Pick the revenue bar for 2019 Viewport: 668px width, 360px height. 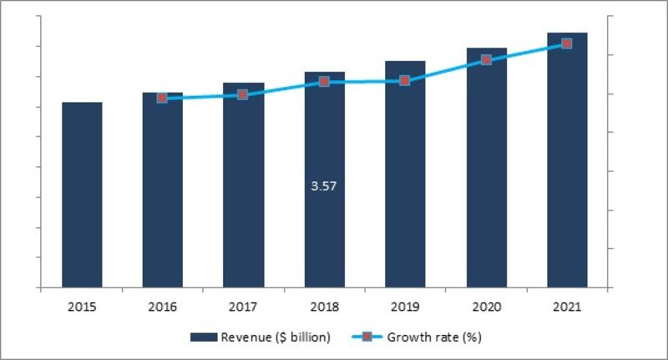405,175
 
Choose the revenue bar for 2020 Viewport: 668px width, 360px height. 486,168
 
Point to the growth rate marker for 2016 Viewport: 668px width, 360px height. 162,98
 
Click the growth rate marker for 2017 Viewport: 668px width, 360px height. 243,94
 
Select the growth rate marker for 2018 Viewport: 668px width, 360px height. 324,82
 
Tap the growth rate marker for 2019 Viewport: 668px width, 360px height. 405,81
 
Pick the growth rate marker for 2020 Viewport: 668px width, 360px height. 486,60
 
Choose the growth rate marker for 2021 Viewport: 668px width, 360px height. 567,43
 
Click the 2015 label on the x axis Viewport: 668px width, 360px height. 82,307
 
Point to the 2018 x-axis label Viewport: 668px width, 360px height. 324,307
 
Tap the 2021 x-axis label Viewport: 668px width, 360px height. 567,307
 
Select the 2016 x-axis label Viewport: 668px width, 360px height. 162,307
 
